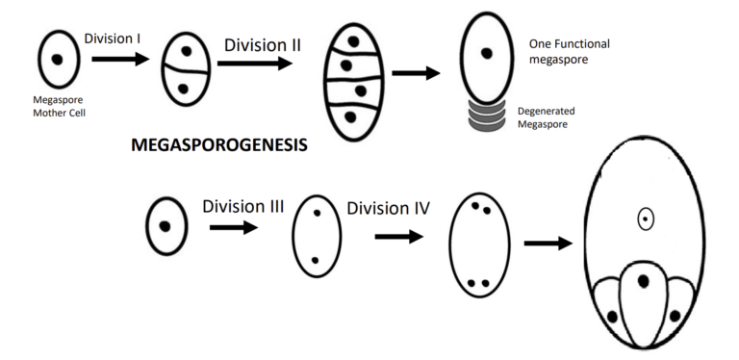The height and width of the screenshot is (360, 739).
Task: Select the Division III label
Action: (x=242, y=206)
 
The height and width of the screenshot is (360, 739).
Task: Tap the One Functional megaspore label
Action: (x=570, y=52)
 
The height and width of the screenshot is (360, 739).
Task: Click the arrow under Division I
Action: (x=120, y=60)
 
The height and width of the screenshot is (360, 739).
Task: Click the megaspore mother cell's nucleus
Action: (x=58, y=59)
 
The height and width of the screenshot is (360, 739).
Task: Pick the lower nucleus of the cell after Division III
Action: (x=315, y=260)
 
